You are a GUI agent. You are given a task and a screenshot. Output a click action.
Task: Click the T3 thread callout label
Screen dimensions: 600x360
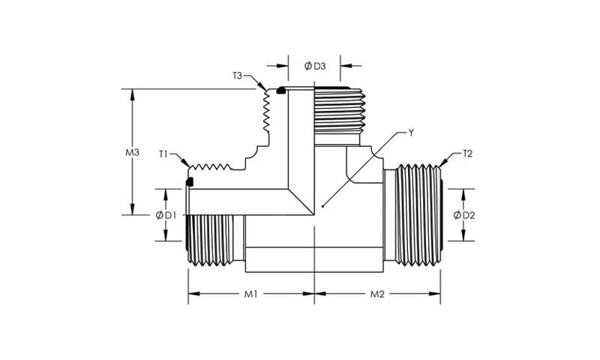[238, 75]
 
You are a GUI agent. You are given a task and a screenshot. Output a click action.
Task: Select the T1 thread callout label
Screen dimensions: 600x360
[163, 154]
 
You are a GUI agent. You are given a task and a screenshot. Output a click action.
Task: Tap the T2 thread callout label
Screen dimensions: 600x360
[467, 154]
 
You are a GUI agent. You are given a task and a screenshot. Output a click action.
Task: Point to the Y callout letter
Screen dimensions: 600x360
[411, 133]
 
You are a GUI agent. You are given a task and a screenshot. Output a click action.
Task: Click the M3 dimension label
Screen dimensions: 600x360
[133, 153]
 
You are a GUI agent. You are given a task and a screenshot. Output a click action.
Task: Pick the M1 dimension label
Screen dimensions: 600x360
[251, 294]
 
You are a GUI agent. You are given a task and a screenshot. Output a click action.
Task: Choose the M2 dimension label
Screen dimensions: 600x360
[377, 294]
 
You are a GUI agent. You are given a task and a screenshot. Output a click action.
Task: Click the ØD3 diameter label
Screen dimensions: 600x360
[315, 66]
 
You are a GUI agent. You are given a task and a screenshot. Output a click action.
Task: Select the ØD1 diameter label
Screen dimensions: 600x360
[166, 215]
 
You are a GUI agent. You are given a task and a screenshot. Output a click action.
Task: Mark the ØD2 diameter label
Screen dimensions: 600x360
[464, 215]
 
